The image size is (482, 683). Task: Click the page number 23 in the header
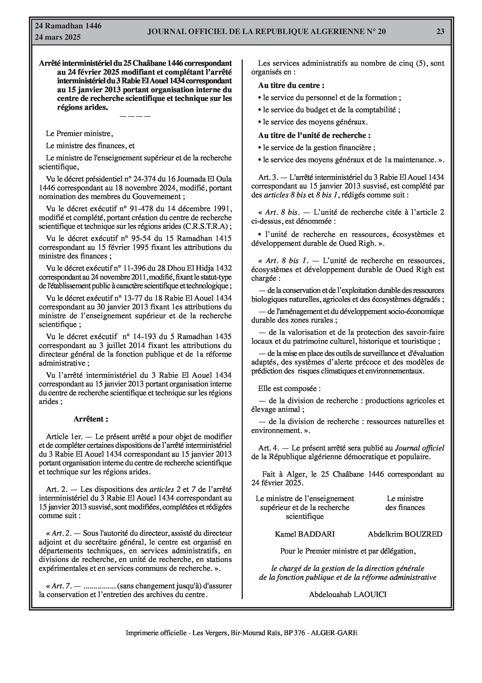(x=440, y=31)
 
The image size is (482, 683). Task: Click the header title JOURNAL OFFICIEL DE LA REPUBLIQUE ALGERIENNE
(x=266, y=32)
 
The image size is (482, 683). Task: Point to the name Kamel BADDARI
(x=305, y=534)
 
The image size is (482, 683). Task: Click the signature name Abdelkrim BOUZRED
(x=405, y=534)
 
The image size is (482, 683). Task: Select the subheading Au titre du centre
(x=291, y=85)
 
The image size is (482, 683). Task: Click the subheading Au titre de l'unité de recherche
(x=314, y=135)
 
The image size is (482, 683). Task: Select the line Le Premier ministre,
(x=79, y=134)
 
